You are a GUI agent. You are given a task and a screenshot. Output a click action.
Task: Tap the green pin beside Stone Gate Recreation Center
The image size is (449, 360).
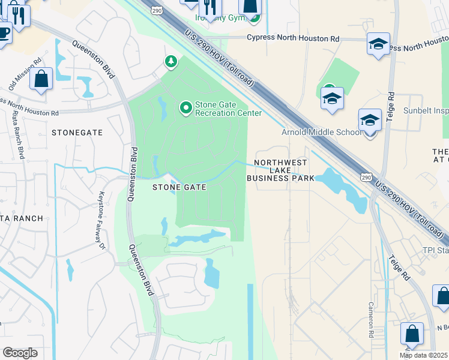click(186, 108)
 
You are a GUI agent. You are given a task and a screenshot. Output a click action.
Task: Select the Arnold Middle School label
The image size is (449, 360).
click(322, 132)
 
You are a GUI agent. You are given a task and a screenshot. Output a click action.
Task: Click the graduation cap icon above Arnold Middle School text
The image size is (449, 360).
click(332, 98)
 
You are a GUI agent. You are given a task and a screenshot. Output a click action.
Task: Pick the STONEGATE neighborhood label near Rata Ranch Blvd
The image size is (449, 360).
click(77, 132)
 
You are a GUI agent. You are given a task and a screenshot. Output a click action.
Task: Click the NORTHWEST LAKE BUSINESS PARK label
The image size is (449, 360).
click(281, 170)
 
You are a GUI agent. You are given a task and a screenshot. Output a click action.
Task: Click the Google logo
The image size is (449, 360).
click(20, 353)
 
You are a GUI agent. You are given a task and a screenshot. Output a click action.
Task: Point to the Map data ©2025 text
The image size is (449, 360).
click(423, 355)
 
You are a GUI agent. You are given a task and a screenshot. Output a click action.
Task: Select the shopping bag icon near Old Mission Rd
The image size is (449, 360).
click(41, 79)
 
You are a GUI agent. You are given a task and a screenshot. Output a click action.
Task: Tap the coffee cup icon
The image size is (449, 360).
click(4, 32)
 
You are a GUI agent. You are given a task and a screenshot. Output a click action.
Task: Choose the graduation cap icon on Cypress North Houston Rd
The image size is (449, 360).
click(378, 45)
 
